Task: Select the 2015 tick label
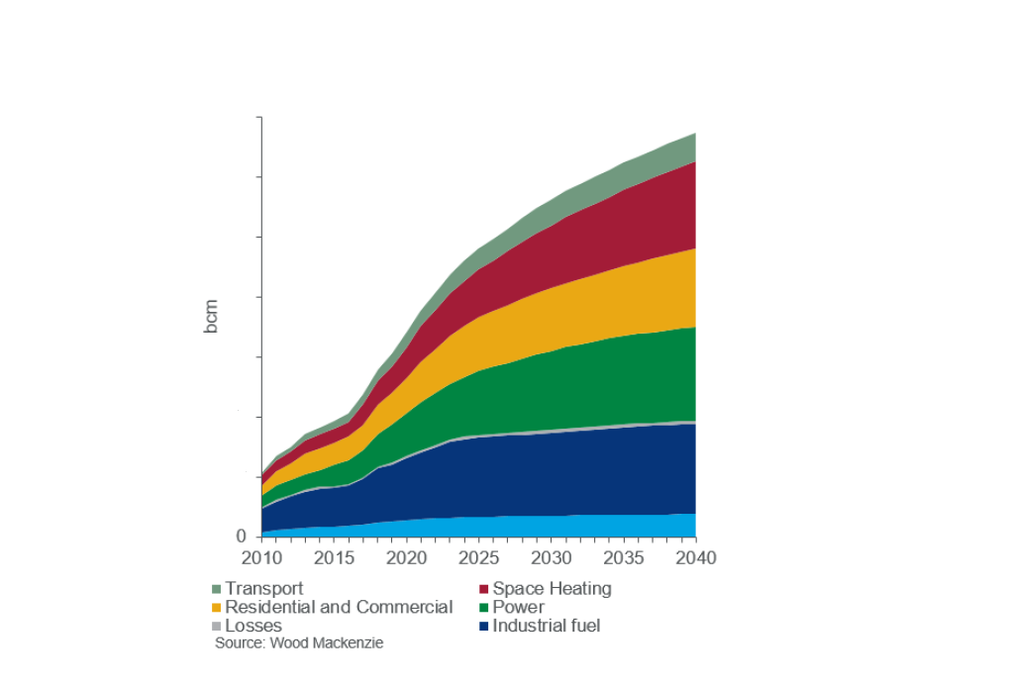coord(334,558)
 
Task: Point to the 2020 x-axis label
coord(406,558)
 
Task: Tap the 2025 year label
coord(478,558)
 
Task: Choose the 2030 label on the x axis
coord(551,558)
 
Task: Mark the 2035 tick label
coord(623,558)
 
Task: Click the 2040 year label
coord(694,558)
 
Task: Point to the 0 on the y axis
coord(241,537)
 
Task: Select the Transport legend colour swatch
coord(217,590)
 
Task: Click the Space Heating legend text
coord(552,589)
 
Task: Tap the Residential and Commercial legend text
coord(339,608)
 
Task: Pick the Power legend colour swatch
coord(484,608)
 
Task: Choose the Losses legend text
coord(253,626)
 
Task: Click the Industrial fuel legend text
coord(547,626)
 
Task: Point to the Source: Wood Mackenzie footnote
coord(299,643)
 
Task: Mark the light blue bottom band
coord(594,526)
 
